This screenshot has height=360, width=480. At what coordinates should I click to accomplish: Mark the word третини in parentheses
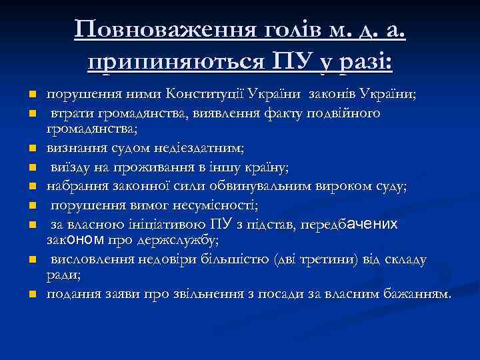point(314,259)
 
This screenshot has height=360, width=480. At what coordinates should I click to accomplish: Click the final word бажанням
point(418,293)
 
